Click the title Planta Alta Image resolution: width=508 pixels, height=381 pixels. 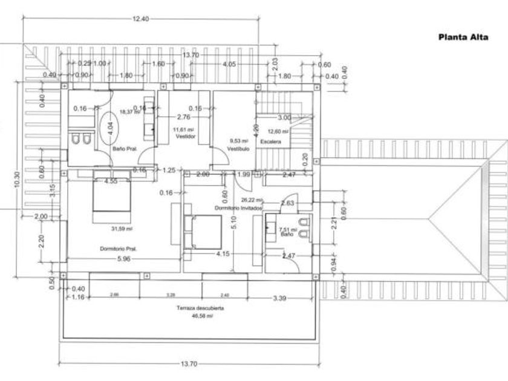463,37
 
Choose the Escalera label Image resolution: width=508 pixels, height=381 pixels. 270,141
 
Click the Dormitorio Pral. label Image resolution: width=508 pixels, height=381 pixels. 119,249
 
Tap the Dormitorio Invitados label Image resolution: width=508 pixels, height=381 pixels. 239,207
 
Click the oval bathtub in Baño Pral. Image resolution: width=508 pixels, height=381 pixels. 109,128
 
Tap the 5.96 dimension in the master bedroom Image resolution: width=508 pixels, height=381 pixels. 123,258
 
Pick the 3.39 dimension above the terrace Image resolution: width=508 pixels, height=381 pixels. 279,298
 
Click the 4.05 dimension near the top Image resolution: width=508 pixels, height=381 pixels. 229,64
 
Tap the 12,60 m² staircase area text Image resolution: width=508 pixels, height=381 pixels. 278,131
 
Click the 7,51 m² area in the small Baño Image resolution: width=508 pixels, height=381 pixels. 285,229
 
